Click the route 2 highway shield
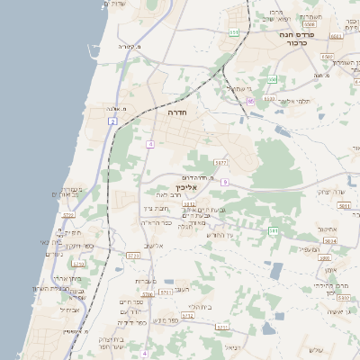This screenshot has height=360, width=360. point(112,121)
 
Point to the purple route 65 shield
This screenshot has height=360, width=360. point(251,102)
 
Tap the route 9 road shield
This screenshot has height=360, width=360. point(224,182)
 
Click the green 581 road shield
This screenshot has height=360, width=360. point(273,230)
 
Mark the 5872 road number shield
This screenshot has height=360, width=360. point(220,163)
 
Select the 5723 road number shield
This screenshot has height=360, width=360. point(134,256)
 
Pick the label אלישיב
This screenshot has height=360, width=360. point(154,245)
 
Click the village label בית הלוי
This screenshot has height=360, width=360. point(200,306)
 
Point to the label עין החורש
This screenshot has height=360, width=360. point(219,235)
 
